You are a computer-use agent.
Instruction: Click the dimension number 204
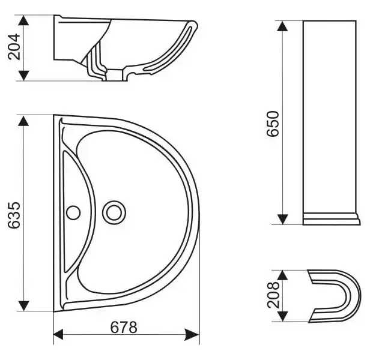click(14, 47)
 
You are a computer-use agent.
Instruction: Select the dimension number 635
click(14, 215)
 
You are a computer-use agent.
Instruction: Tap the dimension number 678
click(124, 328)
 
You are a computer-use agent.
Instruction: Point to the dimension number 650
click(273, 124)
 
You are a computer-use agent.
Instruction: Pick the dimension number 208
click(273, 295)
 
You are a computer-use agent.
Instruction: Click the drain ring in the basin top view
click(114, 212)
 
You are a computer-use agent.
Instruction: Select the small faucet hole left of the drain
click(73, 212)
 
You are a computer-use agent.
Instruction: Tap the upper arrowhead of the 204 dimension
click(23, 20)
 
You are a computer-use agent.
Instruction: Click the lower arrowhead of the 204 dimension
click(23, 76)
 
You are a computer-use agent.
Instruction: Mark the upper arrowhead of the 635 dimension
click(23, 121)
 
